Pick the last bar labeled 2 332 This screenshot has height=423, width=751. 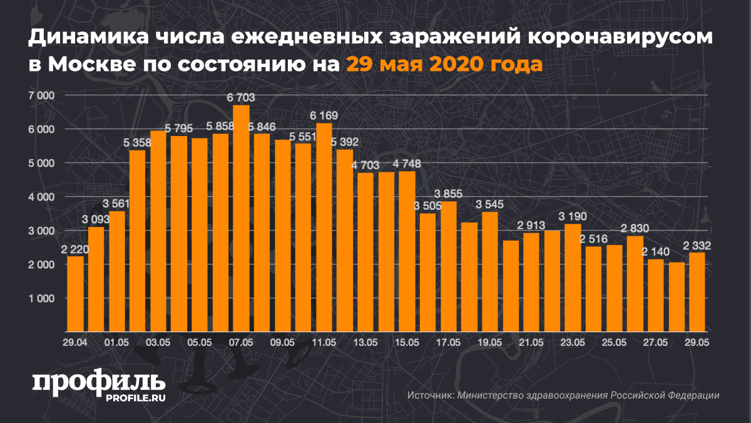point(697,291)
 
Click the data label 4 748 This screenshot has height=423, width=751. point(407,164)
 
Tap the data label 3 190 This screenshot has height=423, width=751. point(572,217)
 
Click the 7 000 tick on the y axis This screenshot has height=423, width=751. point(43,95)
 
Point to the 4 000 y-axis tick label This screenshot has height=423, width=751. point(43,197)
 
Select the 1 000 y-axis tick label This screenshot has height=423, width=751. point(43,298)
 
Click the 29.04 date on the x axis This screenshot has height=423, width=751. point(75,342)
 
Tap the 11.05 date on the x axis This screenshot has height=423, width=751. point(324,342)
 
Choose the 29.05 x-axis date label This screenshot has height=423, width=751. point(697,342)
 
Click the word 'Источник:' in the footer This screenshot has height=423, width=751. point(431,395)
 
